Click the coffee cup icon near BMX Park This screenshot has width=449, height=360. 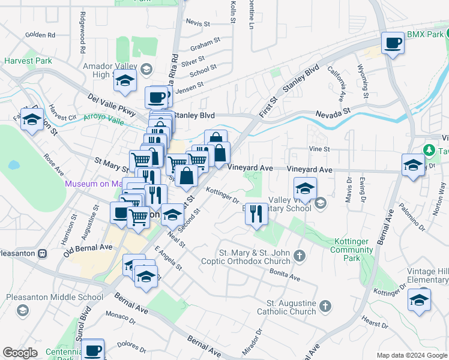click(x=393, y=43)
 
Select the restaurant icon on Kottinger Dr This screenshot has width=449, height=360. click(x=256, y=213)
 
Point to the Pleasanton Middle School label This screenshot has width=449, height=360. click(x=55, y=297)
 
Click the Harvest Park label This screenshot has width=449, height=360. click(x=28, y=61)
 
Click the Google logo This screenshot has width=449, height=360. click(x=20, y=353)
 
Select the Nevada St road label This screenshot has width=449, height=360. click(x=333, y=112)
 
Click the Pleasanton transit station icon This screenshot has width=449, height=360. click(x=42, y=253)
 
